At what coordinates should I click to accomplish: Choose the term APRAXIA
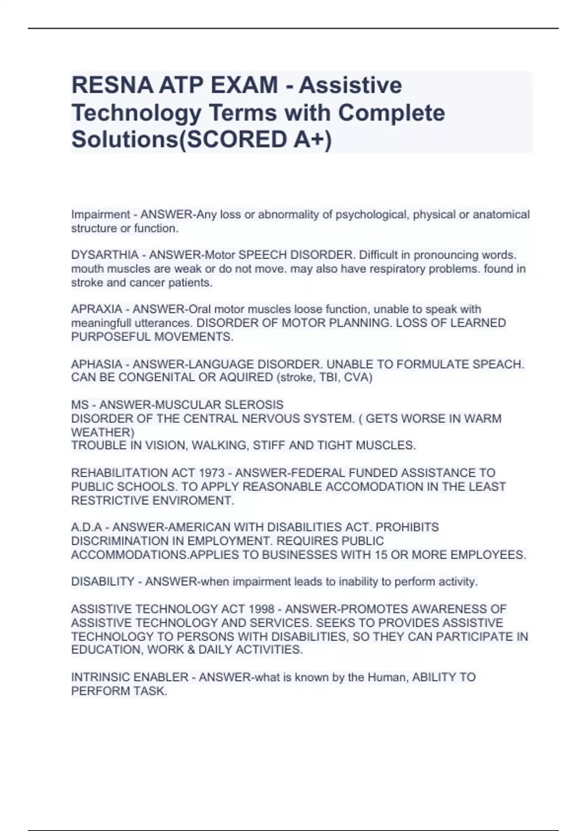coord(97,309)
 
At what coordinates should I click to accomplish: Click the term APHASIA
coord(97,364)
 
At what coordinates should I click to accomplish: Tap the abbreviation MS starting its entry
coord(80,405)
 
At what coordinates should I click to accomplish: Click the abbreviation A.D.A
coord(87,527)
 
